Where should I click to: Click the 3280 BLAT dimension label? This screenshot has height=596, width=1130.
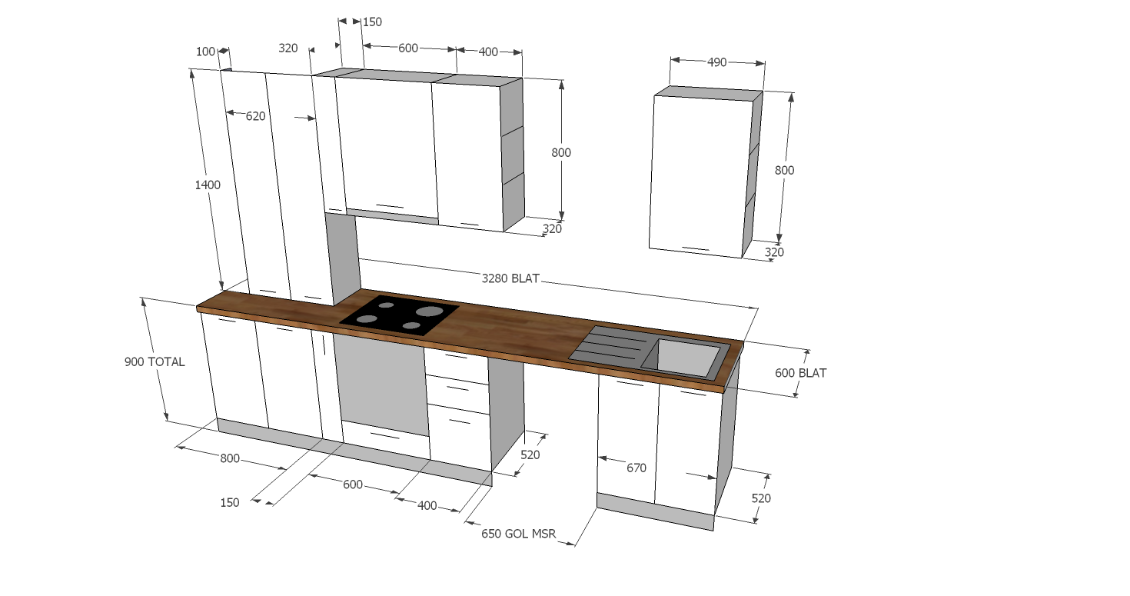tap(510, 278)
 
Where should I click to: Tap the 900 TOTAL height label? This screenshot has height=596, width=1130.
tap(155, 362)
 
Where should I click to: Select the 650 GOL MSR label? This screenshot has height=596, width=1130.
tap(519, 534)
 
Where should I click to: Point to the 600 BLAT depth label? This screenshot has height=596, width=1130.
tap(800, 373)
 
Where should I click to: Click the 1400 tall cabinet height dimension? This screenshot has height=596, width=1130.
tap(208, 185)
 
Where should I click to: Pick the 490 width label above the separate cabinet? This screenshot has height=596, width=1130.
tap(717, 62)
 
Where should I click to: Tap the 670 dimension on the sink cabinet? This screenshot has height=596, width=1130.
tap(636, 468)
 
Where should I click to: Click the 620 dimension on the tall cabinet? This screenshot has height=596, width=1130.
tap(255, 116)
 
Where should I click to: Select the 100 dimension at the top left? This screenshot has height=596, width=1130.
tap(205, 52)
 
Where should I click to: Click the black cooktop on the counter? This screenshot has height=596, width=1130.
tap(399, 315)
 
